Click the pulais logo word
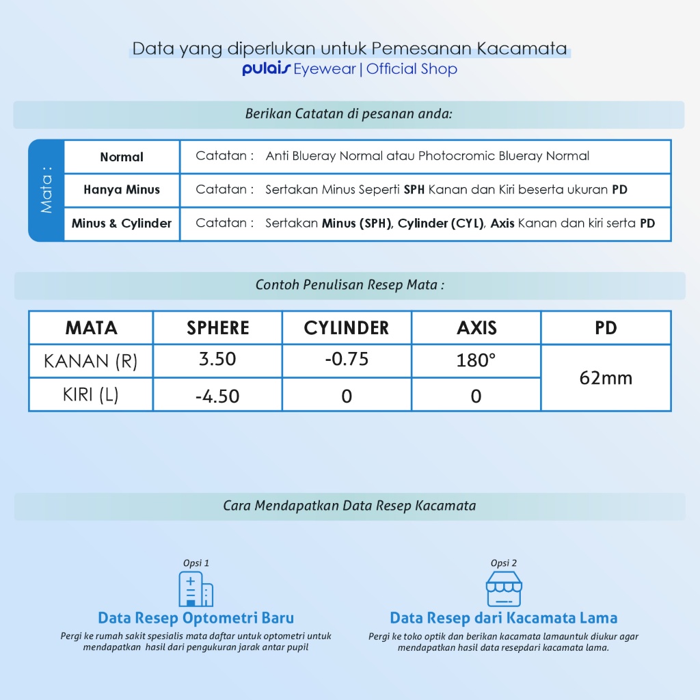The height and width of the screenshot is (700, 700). (x=266, y=69)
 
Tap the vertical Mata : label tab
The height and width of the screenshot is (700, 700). (x=46, y=190)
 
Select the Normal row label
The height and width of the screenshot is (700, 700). (x=122, y=157)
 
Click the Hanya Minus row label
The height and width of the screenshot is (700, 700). (x=122, y=189)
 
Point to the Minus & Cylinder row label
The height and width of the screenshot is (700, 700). (x=122, y=224)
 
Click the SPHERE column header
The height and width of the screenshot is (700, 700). (x=218, y=328)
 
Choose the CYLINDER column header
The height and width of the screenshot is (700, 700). (x=347, y=328)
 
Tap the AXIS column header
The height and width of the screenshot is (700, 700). (x=476, y=328)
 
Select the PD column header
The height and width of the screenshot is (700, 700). (x=606, y=328)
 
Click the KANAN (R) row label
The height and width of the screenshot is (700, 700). (x=91, y=361)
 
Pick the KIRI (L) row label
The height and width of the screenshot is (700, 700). (x=91, y=395)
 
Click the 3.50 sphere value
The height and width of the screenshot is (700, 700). (x=217, y=359)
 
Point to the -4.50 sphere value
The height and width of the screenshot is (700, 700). (x=217, y=396)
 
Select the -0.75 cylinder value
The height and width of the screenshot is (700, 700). (x=347, y=359)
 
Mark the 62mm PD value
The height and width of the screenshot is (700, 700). (x=606, y=378)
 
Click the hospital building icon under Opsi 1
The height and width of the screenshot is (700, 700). (x=196, y=589)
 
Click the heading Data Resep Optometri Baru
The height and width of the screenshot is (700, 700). (x=196, y=618)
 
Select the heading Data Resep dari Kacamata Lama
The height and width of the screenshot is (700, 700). (x=503, y=618)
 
